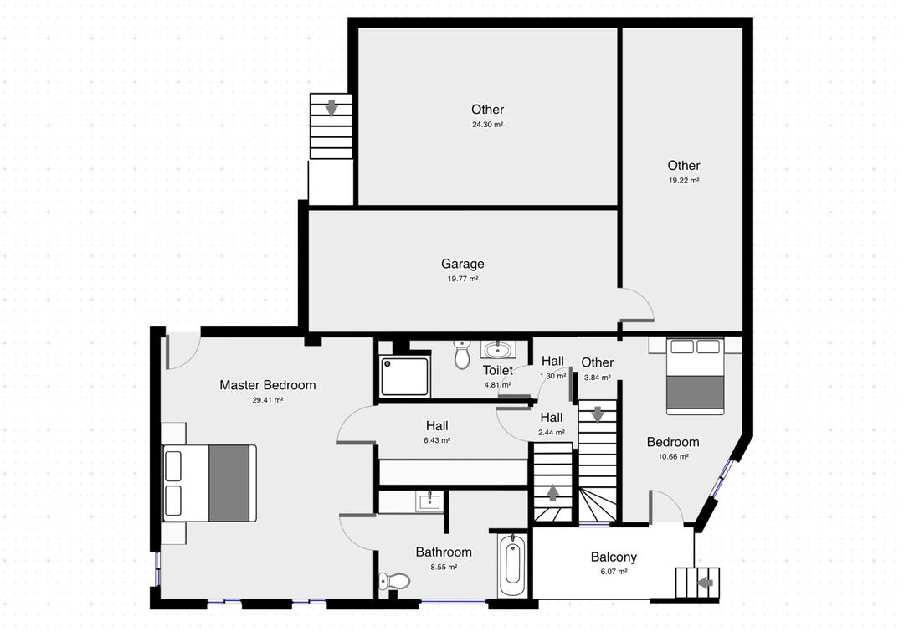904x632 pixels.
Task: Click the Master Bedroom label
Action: (x=267, y=385)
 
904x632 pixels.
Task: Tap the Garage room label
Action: (x=463, y=264)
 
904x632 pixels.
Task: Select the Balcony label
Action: (x=614, y=557)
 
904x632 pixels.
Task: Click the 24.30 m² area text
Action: (x=487, y=125)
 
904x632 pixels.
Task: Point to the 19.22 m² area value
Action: (x=683, y=180)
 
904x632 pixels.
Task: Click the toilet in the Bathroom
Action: (x=395, y=580)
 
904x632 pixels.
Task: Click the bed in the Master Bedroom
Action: (x=209, y=483)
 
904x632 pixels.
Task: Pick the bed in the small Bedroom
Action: (x=695, y=376)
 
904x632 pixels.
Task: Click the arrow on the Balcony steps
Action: (x=705, y=583)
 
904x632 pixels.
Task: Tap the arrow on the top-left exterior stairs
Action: (x=331, y=107)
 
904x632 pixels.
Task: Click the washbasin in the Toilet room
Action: (x=499, y=349)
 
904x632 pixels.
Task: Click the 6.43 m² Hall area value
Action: (x=437, y=440)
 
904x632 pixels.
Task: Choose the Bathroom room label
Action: (x=444, y=552)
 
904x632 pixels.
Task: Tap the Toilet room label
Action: (x=497, y=370)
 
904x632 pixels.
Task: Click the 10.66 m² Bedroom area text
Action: (x=672, y=457)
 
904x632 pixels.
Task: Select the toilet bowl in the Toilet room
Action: (x=462, y=356)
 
